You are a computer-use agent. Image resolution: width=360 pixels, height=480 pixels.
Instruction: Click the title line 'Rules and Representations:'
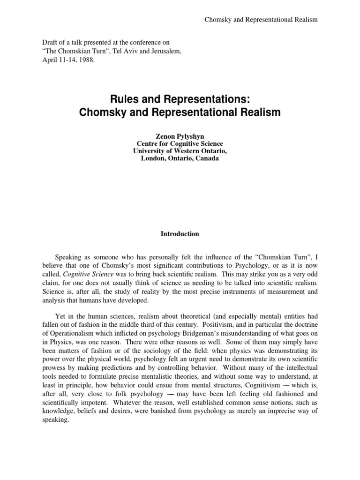[x=180, y=100]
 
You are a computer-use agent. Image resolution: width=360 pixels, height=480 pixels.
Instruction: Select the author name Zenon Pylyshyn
[x=180, y=135]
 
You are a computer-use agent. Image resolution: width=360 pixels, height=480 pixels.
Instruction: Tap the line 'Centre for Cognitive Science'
[x=180, y=143]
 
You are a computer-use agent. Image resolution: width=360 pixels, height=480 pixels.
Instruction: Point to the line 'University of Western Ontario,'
[x=180, y=151]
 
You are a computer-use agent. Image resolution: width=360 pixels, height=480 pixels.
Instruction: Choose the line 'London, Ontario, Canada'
[x=180, y=158]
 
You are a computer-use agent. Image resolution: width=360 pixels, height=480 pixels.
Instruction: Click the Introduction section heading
[x=180, y=234]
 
